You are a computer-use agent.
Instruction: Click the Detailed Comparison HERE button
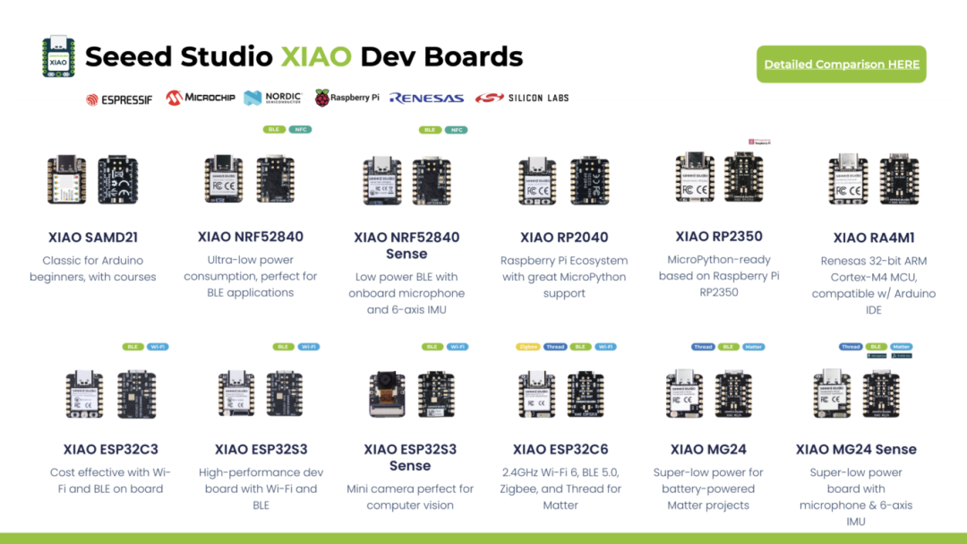click(x=841, y=65)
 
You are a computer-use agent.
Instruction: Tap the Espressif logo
click(x=119, y=99)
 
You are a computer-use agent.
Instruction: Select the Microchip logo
click(x=201, y=98)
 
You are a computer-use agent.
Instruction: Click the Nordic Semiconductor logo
click(x=273, y=98)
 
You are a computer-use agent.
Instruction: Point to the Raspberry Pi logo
click(x=347, y=98)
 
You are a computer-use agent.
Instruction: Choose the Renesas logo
click(x=426, y=99)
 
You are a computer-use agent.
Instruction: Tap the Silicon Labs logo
click(x=522, y=98)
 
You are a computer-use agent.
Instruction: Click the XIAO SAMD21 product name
click(x=93, y=237)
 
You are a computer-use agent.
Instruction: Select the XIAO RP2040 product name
click(x=564, y=237)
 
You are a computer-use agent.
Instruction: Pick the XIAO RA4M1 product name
click(x=874, y=237)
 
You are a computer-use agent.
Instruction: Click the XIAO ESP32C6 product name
click(x=561, y=449)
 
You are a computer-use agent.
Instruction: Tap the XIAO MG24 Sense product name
click(x=856, y=449)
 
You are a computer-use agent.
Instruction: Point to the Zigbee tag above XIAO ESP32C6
click(x=526, y=347)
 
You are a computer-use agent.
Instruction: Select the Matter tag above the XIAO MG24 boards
click(x=754, y=347)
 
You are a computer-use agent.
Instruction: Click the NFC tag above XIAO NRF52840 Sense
click(x=457, y=130)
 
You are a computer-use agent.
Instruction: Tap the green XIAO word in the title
click(x=315, y=56)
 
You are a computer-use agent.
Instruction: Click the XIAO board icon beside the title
click(x=58, y=56)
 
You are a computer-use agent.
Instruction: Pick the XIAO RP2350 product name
click(x=719, y=237)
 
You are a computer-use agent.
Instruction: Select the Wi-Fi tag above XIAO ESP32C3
click(x=158, y=347)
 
